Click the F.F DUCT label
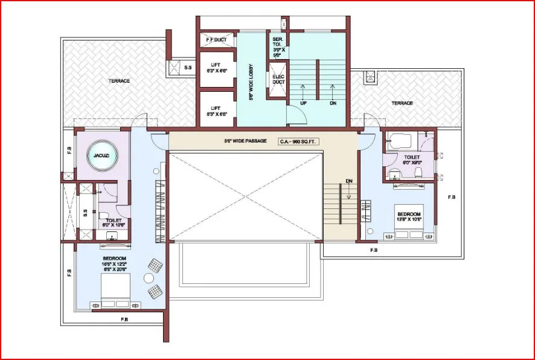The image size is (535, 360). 216,40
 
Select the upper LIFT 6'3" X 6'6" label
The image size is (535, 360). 216,68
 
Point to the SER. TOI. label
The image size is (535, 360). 277,46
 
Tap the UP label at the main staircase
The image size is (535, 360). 303,103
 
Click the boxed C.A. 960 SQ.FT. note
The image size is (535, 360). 298,141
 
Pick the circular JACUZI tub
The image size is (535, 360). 101,156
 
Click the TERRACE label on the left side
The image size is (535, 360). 119,81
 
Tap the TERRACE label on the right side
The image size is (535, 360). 402,103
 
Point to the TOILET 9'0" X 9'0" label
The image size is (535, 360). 412,159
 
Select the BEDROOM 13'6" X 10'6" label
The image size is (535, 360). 409,217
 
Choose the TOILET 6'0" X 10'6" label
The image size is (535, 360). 114,223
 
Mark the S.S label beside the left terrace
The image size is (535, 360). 188,68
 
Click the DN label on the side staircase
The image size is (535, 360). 349,181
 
